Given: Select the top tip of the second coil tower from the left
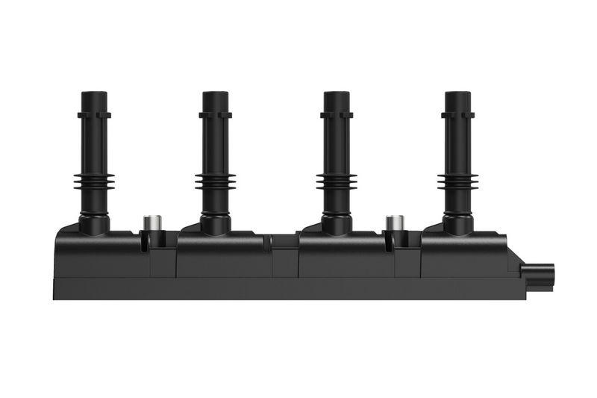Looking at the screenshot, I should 215,94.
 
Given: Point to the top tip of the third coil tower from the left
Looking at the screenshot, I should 336,94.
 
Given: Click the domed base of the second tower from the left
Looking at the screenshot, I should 215,221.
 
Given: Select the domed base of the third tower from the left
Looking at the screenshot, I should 336,221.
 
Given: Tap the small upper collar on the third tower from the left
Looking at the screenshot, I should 336,115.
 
